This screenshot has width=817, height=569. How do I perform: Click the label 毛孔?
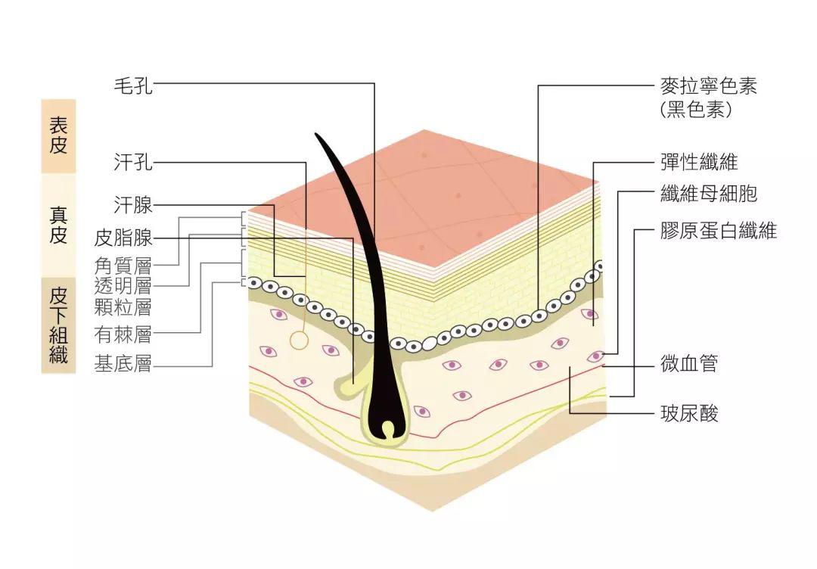(133, 86)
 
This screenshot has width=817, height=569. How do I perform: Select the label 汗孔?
(133, 162)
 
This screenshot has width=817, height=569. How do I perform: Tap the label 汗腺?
(133, 205)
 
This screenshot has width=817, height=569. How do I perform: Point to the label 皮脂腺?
(123, 238)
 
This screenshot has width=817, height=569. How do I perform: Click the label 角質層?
(123, 266)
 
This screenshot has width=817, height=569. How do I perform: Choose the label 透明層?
(123, 286)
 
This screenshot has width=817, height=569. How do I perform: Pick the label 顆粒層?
(123, 306)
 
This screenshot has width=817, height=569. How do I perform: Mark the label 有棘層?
(123, 333)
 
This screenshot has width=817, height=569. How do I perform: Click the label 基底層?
(123, 365)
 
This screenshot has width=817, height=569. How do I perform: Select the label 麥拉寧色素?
(708, 86)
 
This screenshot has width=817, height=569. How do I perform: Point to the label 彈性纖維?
(698, 162)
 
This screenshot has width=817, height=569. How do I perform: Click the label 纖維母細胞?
(708, 194)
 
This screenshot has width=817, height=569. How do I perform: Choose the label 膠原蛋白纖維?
(718, 231)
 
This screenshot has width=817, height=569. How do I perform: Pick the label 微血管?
(688, 365)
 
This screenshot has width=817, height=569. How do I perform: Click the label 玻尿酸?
(688, 413)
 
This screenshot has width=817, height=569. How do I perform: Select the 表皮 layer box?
(58, 135)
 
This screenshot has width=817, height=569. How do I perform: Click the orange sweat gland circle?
(300, 340)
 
